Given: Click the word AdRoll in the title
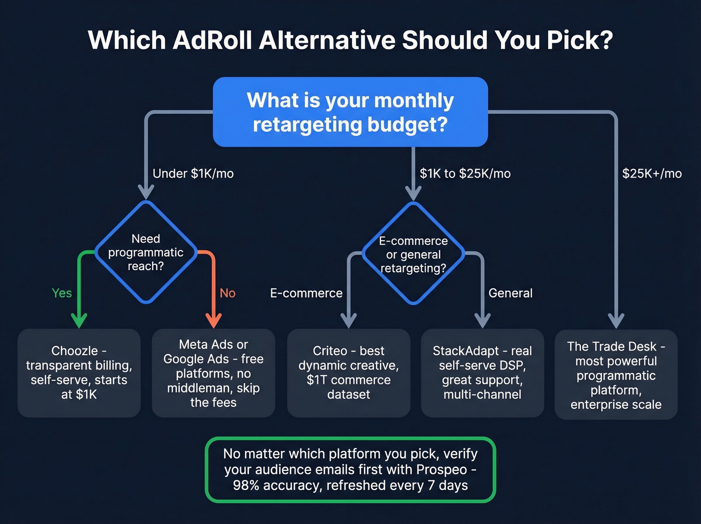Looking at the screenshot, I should pyautogui.click(x=212, y=40).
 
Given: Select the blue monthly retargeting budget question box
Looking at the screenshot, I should pyautogui.click(x=350, y=112).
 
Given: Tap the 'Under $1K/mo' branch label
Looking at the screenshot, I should pyautogui.click(x=193, y=173).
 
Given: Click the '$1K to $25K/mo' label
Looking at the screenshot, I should pyautogui.click(x=465, y=173).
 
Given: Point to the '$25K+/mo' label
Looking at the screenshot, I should pyautogui.click(x=651, y=173).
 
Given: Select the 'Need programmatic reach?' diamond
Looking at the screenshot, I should pyautogui.click(x=146, y=252).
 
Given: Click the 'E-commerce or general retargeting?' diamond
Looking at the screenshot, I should pyautogui.click(x=413, y=254).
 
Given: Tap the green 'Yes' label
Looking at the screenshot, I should pyautogui.click(x=62, y=293).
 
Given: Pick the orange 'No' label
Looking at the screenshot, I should pyautogui.click(x=227, y=293).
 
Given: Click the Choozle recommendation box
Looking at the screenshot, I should pyautogui.click(x=79, y=373).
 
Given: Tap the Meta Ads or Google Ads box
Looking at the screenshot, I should pyautogui.click(x=213, y=373).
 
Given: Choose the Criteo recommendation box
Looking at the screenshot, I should pyautogui.click(x=348, y=373).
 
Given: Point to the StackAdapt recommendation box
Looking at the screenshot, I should pyautogui.click(x=482, y=373).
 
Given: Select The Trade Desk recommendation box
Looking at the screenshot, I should pyautogui.click(x=616, y=375).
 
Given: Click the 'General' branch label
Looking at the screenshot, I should pyautogui.click(x=510, y=293).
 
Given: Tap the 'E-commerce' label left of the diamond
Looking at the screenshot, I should pyautogui.click(x=306, y=293).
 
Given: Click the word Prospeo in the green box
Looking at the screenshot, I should pyautogui.click(x=441, y=469).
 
